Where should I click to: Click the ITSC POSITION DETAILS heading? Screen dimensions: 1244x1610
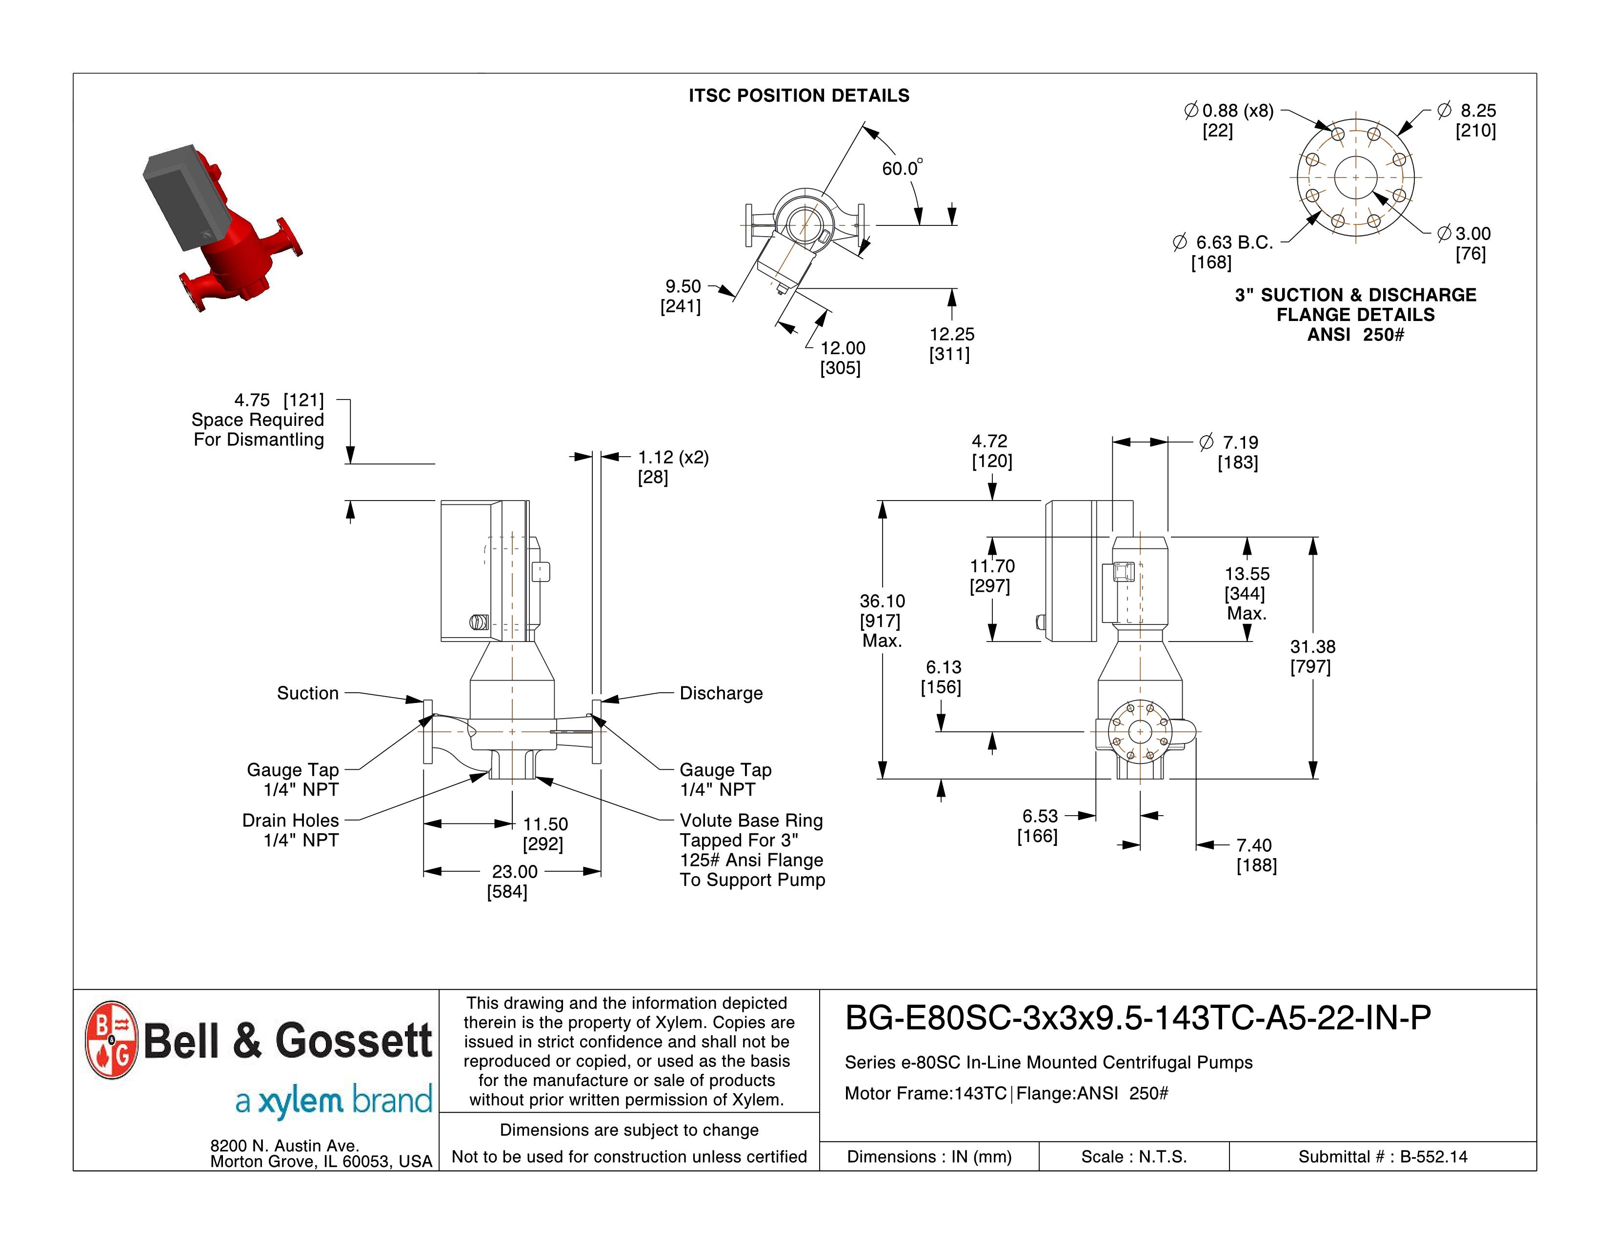point(798,96)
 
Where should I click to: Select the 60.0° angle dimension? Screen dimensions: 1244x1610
point(901,169)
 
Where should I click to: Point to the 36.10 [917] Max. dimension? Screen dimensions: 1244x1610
point(882,621)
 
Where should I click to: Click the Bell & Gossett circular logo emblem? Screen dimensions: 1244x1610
point(111,1040)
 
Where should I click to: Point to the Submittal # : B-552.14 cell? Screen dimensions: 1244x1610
point(1382,1156)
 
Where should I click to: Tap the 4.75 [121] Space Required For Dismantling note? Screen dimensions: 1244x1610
point(258,420)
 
